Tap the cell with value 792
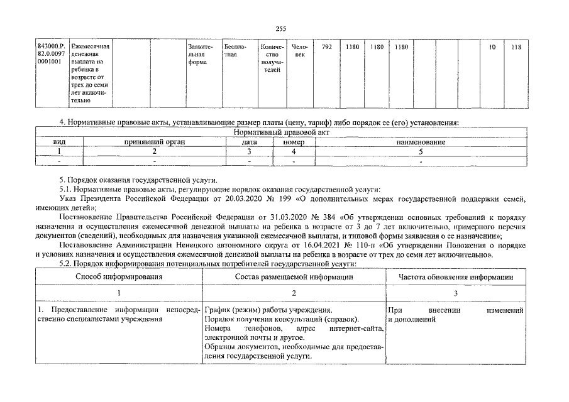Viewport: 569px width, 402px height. coord(326,47)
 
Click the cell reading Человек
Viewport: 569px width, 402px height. coord(300,51)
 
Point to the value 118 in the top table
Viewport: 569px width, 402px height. coord(517,47)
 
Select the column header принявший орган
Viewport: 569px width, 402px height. coord(153,143)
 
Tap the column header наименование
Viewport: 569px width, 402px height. coord(421,143)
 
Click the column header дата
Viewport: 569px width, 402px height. coord(249,143)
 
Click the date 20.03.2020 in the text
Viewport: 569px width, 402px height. coord(226,199)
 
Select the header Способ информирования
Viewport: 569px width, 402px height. coord(119,277)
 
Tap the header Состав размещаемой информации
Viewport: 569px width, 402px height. coord(294,277)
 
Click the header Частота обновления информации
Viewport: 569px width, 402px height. coord(456,277)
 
